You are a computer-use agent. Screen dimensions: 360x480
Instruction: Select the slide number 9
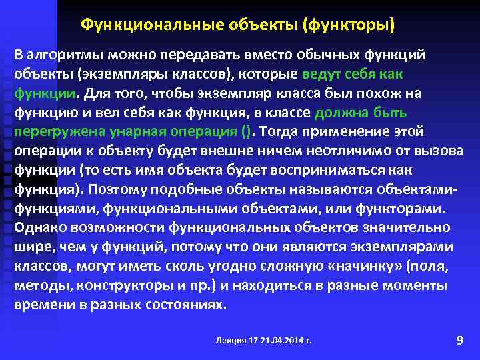(x=459, y=341)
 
